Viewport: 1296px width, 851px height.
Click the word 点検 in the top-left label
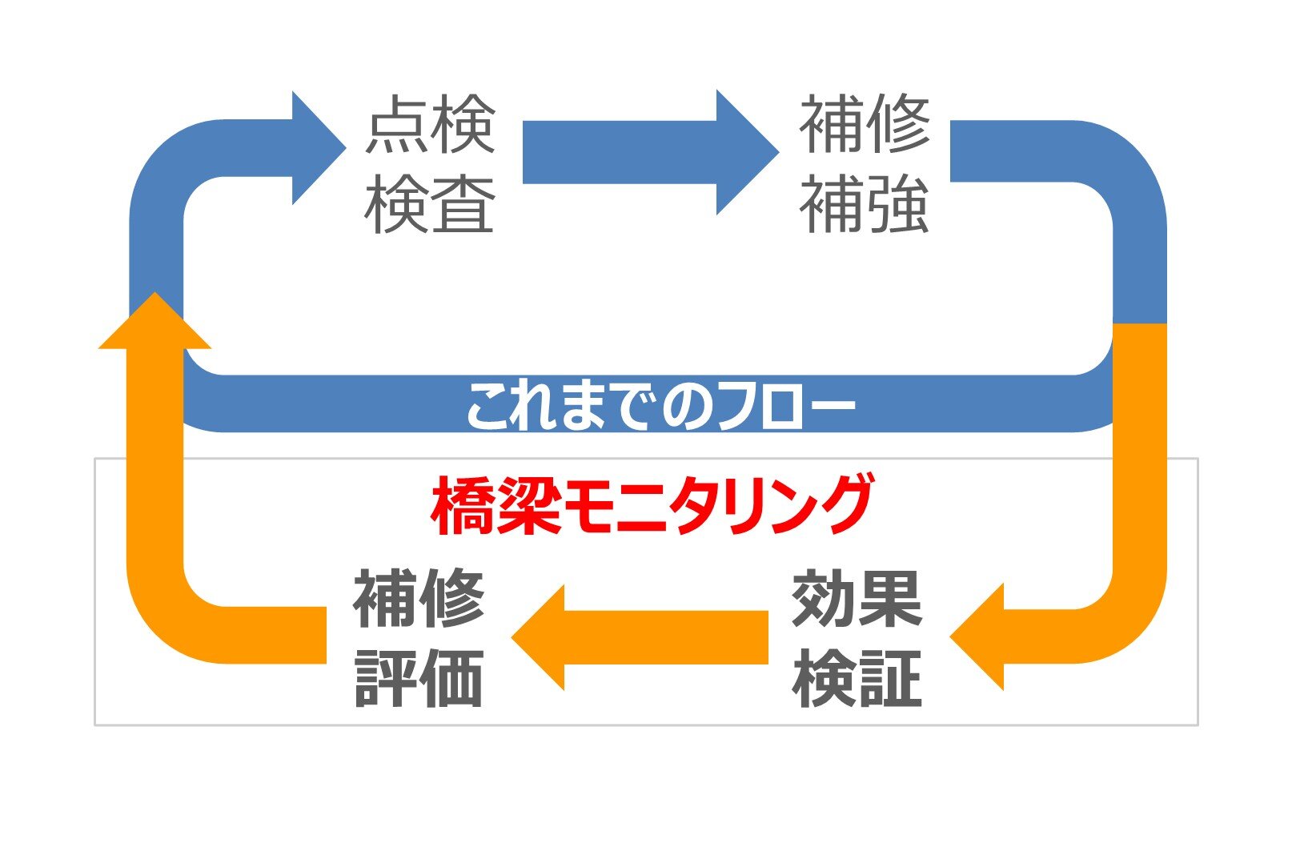tap(431, 126)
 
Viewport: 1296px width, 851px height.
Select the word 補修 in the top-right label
tap(865, 126)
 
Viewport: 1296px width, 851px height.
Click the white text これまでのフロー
tap(660, 405)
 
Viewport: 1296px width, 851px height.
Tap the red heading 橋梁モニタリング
tap(651, 505)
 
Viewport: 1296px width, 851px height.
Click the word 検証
tap(857, 678)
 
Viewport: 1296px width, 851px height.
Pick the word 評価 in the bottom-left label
tap(419, 678)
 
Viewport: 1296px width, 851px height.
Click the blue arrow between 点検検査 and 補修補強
tap(648, 152)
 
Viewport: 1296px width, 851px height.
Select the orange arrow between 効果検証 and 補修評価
tap(640, 637)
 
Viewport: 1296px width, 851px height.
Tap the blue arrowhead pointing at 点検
tap(316, 148)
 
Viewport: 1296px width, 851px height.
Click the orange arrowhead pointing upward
tap(154, 324)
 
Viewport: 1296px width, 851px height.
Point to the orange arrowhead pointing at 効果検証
tap(981, 637)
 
